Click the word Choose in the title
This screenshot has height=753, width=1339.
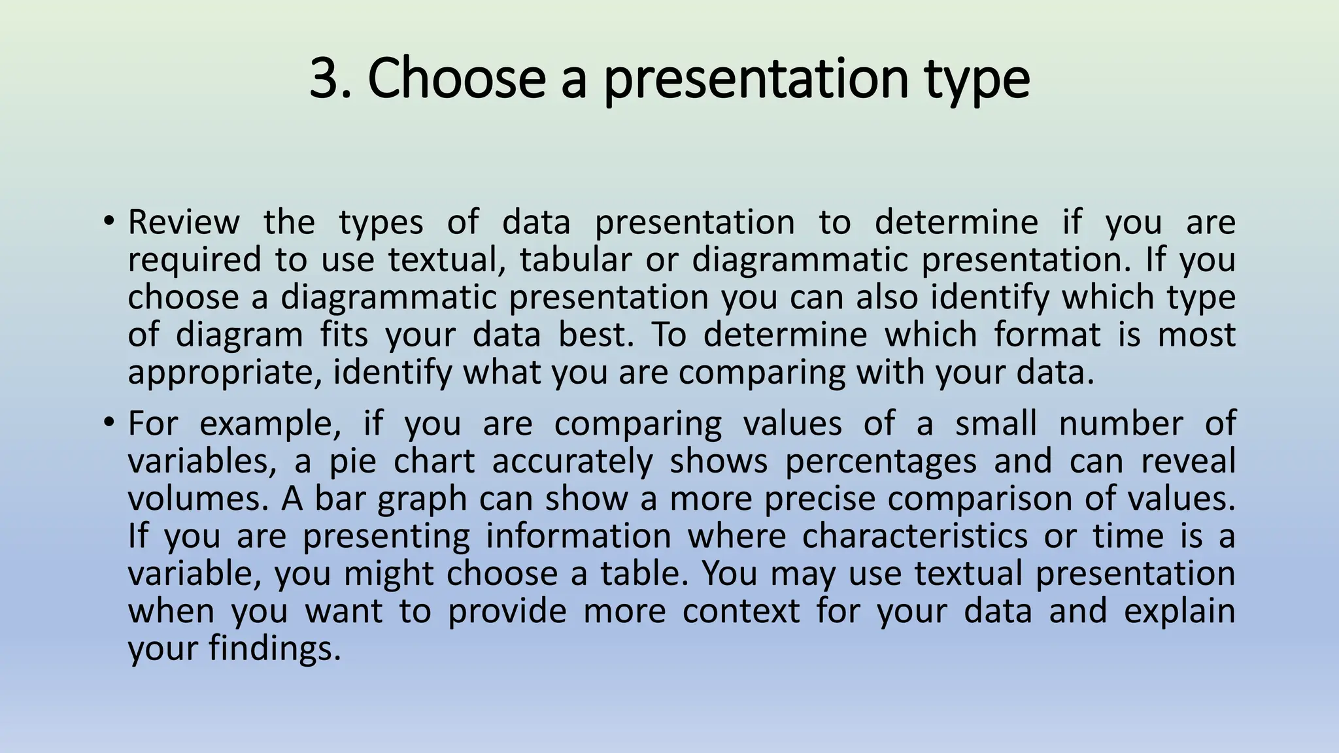click(x=456, y=78)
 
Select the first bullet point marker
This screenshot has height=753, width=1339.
click(x=109, y=221)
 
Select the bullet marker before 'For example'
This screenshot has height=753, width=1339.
click(x=109, y=422)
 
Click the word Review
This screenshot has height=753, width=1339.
click(x=184, y=222)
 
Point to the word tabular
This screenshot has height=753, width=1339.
click(x=575, y=259)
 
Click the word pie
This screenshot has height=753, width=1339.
click(x=352, y=461)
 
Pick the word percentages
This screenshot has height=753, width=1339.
click(x=880, y=461)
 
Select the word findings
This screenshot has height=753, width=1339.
click(x=275, y=649)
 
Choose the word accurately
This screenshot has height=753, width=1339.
click(x=572, y=461)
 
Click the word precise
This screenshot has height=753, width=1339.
click(x=819, y=499)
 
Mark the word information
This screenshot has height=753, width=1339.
click(x=578, y=537)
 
